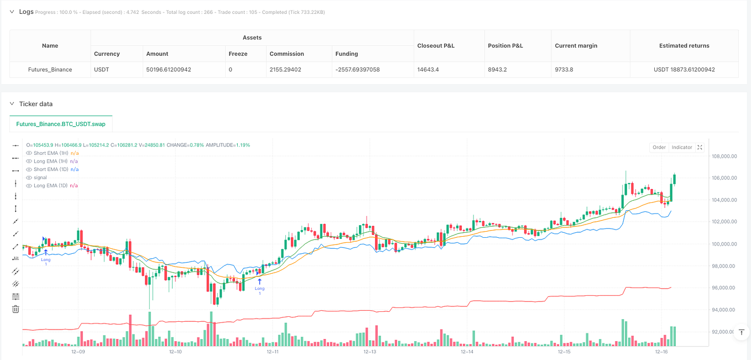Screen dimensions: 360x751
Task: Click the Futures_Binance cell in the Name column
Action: [50, 69]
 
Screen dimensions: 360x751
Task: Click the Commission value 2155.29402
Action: [290, 69]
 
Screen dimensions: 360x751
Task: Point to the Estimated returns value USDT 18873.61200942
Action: [684, 69]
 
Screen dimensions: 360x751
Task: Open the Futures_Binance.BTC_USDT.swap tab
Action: [61, 124]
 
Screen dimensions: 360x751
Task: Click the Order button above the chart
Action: [659, 147]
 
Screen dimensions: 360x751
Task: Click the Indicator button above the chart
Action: [681, 147]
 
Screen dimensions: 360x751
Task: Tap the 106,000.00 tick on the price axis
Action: [724, 178]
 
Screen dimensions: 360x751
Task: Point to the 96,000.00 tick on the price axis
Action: [724, 288]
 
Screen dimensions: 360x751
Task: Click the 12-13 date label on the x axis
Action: [369, 352]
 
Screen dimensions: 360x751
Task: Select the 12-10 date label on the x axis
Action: [175, 352]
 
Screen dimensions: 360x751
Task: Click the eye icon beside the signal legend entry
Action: [29, 178]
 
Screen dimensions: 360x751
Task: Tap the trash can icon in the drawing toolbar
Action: [15, 309]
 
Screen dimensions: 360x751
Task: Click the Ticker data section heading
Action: [36, 104]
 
